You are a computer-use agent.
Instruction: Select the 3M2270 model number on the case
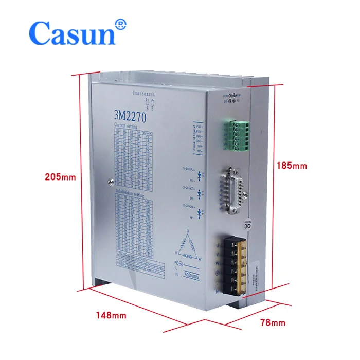tap(130, 116)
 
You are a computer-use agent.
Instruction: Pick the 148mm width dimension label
tap(111, 315)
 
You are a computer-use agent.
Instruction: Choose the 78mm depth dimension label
tap(271, 322)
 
